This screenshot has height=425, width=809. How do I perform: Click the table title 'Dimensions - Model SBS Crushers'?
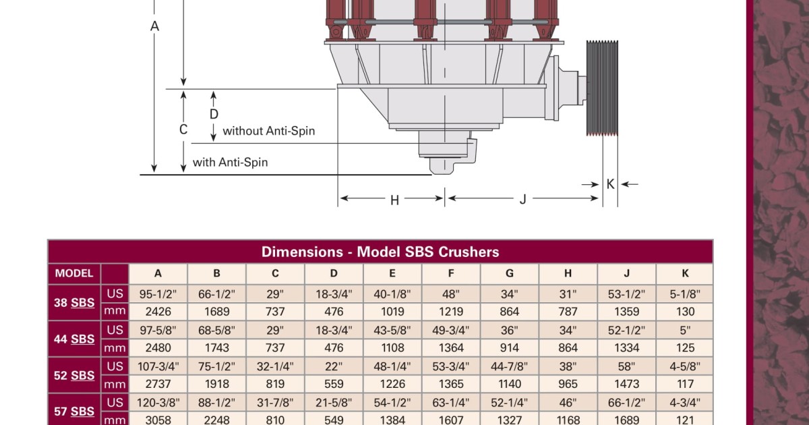[x=380, y=252]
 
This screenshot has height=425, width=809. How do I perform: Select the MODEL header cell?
[x=74, y=273]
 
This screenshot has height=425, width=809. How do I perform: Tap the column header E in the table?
[x=392, y=273]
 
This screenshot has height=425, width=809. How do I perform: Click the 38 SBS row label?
[x=74, y=303]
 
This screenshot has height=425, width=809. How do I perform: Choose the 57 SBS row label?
[x=74, y=412]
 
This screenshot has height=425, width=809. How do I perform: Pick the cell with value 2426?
[x=158, y=312]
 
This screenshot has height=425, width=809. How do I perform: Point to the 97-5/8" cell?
[x=158, y=331]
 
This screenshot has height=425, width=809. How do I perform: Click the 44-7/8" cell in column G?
[x=510, y=366]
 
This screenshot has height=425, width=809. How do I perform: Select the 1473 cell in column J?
[x=626, y=384]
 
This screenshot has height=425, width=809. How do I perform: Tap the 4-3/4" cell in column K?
[x=685, y=403]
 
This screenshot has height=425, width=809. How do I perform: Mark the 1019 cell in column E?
[x=392, y=312]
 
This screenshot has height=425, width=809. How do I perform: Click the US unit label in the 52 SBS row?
[x=115, y=366]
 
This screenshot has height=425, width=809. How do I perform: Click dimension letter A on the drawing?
[x=155, y=27]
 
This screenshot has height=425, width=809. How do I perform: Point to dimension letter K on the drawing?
[x=610, y=183]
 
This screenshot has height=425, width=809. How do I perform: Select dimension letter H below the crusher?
[x=394, y=200]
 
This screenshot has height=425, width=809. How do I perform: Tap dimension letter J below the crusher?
[x=522, y=200]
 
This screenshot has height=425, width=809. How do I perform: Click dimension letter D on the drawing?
[x=214, y=115]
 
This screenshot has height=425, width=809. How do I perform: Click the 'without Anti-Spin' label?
[x=268, y=131]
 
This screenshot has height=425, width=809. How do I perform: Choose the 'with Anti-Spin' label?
[x=230, y=162]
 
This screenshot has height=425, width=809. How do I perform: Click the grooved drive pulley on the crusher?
[x=602, y=88]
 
